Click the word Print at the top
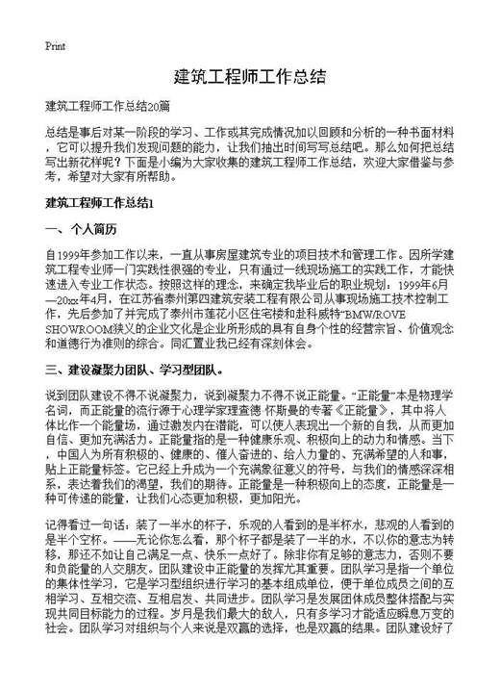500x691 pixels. point(55,45)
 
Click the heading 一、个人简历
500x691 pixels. point(82,229)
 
